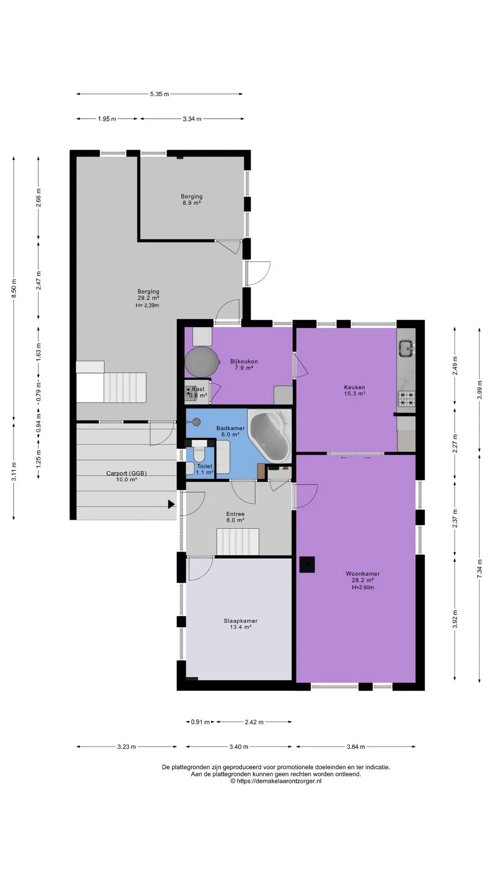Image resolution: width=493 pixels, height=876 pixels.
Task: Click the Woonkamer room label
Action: coord(362,574)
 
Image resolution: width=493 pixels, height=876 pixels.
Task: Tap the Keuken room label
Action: coord(355,387)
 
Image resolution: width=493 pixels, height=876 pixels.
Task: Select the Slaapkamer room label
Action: coord(241,621)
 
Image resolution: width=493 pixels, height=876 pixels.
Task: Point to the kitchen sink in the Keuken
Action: coord(406,349)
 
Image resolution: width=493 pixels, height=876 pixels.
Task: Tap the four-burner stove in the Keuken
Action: coord(406,399)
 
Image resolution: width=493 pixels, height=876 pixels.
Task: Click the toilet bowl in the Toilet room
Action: coord(199,454)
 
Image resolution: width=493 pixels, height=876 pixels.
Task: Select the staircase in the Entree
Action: coord(238,542)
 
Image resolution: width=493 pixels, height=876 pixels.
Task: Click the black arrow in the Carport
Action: coord(171,504)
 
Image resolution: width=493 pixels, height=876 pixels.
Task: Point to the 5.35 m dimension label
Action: coord(159,94)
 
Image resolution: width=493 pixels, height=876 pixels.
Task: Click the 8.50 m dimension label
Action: coord(14,289)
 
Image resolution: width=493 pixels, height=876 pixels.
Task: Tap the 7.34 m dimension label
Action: coord(479,569)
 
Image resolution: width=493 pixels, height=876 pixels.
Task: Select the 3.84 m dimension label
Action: coord(356,747)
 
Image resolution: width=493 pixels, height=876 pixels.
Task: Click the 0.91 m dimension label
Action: coord(200,722)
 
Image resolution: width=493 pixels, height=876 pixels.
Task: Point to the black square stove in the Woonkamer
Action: coord(307,565)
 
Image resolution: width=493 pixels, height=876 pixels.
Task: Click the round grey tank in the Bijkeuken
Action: coord(200,362)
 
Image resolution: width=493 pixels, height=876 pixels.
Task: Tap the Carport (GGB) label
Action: coord(126,473)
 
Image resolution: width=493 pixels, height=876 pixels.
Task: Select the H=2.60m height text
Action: coord(363,588)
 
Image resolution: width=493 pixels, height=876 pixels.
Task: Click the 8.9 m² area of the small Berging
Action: coord(192,203)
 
